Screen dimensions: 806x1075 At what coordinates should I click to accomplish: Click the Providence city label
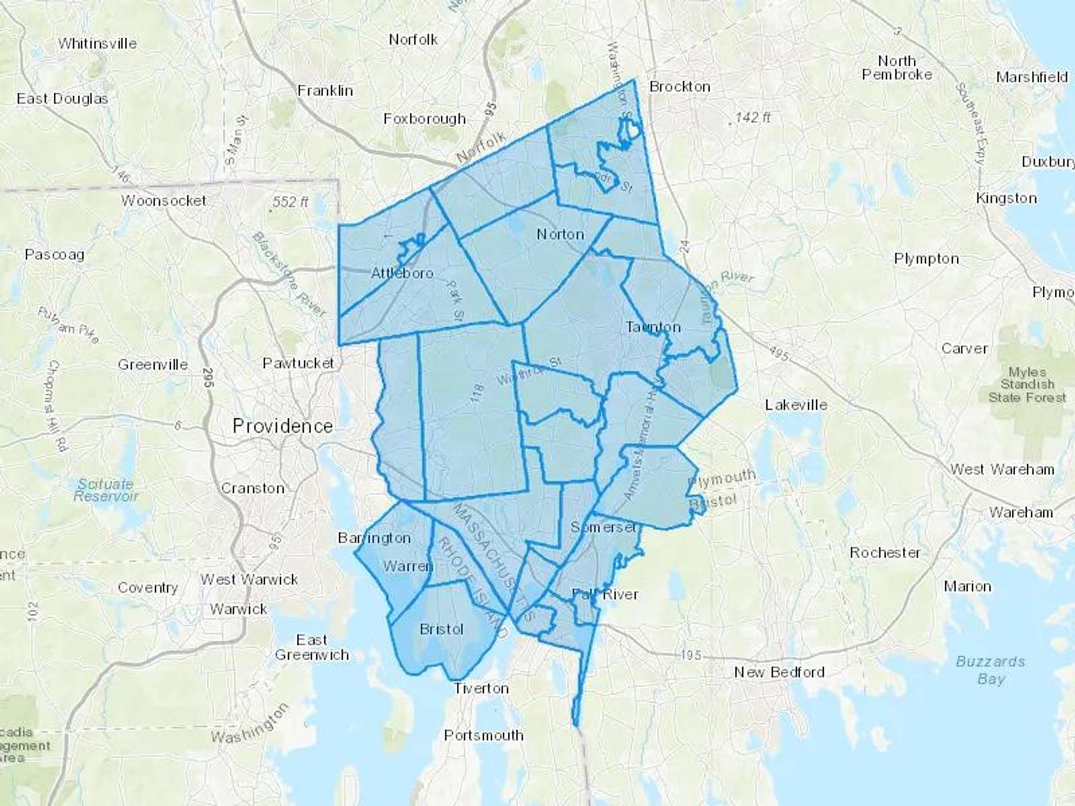coord(282,426)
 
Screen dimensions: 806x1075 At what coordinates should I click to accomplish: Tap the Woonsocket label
coord(164,201)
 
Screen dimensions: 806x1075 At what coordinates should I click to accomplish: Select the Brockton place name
coord(680,87)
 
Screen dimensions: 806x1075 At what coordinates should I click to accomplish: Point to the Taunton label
coord(653,327)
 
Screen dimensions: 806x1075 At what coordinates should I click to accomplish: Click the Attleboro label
coord(402,273)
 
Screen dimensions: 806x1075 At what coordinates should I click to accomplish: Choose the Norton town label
coord(560,234)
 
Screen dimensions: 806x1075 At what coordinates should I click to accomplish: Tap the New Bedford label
coord(779,672)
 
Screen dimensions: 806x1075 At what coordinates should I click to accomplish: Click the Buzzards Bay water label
coord(991,670)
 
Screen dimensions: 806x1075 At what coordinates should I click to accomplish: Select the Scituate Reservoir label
coord(106,490)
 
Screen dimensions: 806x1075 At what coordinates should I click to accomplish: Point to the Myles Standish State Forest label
coord(1027,384)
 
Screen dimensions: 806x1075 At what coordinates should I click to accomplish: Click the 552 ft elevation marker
coord(290,202)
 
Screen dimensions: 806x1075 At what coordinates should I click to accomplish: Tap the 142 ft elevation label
coord(752,118)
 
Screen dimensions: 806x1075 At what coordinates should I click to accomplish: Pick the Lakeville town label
coord(796,405)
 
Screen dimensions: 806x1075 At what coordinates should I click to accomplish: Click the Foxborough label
coord(425,119)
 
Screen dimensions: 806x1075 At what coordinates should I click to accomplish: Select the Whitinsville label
coord(97,44)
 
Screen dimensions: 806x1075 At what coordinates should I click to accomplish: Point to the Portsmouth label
coord(484,736)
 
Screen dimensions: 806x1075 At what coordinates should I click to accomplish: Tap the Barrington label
coord(374,538)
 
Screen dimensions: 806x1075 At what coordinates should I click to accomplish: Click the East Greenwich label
coord(312,647)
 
